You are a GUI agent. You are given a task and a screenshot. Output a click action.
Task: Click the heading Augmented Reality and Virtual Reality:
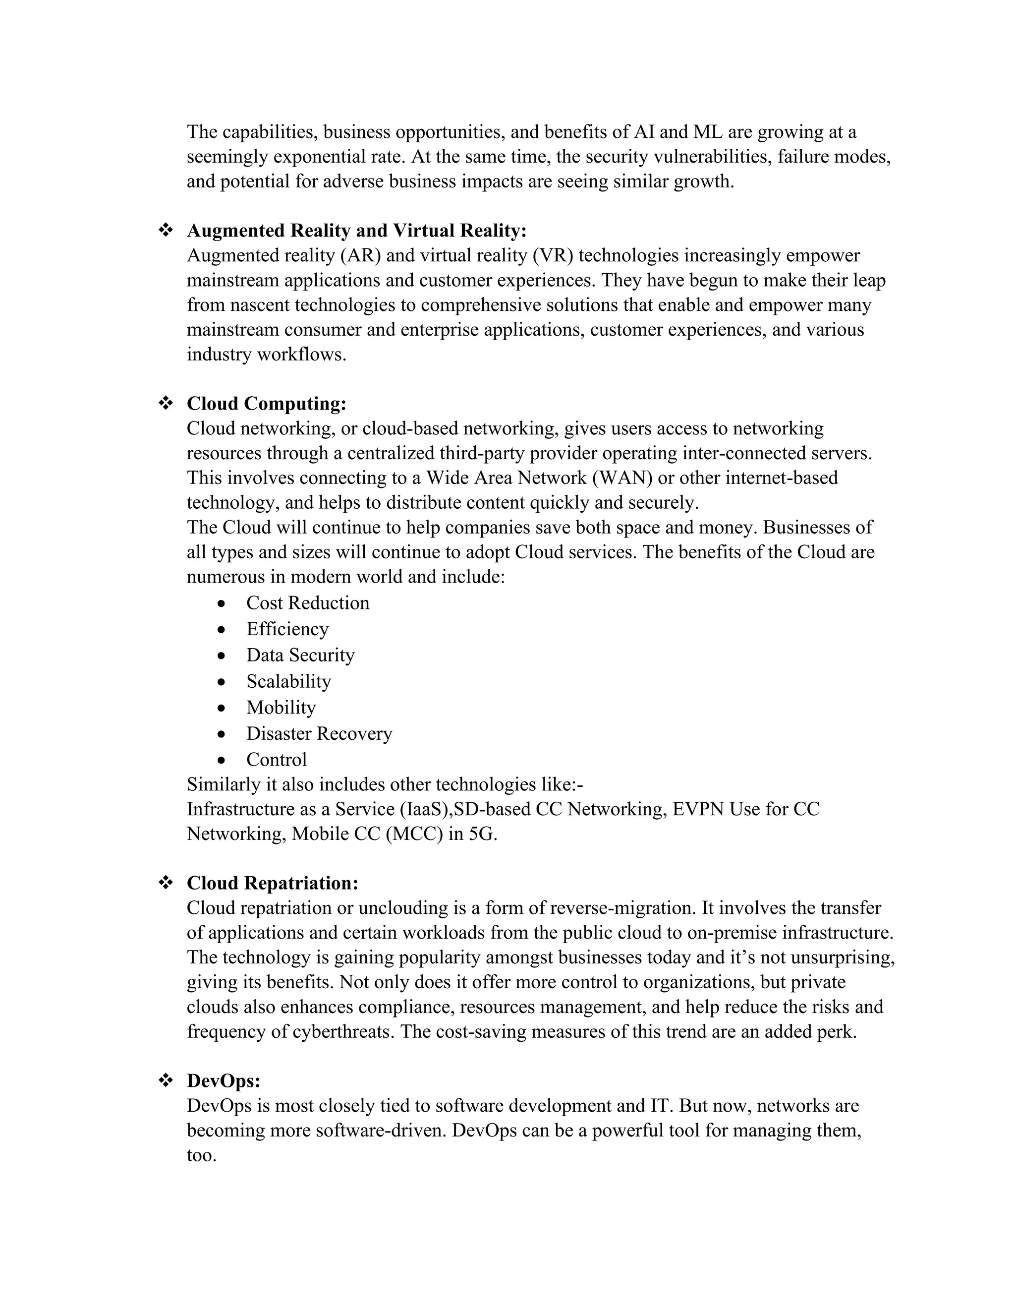[x=356, y=231]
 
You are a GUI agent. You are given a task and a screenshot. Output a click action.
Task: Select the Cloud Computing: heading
[x=266, y=403]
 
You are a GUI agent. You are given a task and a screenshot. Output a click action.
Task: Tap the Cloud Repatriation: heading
[x=273, y=883]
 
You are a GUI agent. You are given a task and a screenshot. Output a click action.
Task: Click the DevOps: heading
[x=224, y=1080]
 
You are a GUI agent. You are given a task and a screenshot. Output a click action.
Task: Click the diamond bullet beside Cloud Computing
[x=166, y=403]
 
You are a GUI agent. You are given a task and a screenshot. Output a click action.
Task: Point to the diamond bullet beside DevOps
[x=166, y=1080]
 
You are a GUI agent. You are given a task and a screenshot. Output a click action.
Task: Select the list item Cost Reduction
[x=307, y=603]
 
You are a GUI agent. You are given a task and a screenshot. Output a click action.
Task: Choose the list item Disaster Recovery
[x=319, y=733]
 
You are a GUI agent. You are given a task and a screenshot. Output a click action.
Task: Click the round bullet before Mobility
[x=222, y=708]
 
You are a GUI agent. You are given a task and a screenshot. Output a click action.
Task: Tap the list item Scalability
[x=288, y=681]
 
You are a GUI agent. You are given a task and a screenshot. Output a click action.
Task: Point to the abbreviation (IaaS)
[x=426, y=809]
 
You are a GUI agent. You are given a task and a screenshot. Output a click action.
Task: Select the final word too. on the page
[x=201, y=1155]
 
